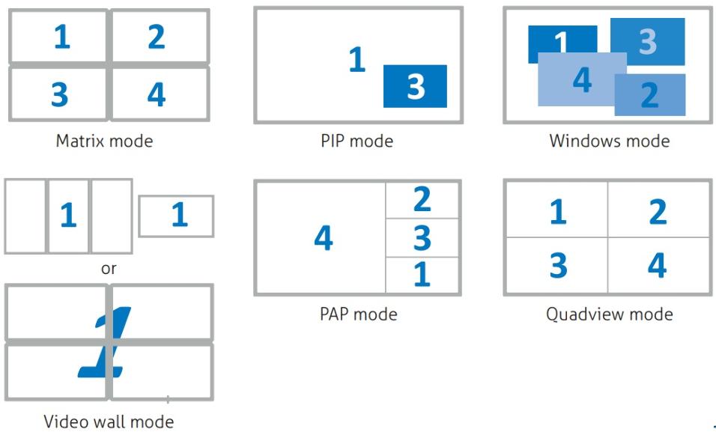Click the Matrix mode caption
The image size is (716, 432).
(104, 141)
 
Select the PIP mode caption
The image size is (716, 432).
(357, 141)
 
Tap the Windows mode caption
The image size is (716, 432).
(610, 141)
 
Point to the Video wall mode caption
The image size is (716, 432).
(109, 422)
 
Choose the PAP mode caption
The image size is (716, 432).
(359, 314)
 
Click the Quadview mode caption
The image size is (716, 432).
(610, 314)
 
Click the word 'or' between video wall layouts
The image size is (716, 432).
(109, 269)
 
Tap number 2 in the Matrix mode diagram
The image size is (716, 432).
(157, 37)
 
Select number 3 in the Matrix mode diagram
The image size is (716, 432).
(60, 94)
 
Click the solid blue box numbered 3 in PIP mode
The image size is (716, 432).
(415, 86)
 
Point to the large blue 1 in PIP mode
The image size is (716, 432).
(357, 59)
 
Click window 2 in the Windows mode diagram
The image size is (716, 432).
(650, 95)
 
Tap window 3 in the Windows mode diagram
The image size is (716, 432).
(648, 42)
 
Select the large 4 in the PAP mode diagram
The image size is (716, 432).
(324, 238)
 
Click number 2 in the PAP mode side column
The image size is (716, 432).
(422, 199)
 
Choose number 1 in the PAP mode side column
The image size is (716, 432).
(422, 274)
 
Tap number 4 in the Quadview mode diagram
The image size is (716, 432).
(657, 265)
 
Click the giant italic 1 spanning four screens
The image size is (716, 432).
(105, 342)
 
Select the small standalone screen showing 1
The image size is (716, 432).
(176, 216)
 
